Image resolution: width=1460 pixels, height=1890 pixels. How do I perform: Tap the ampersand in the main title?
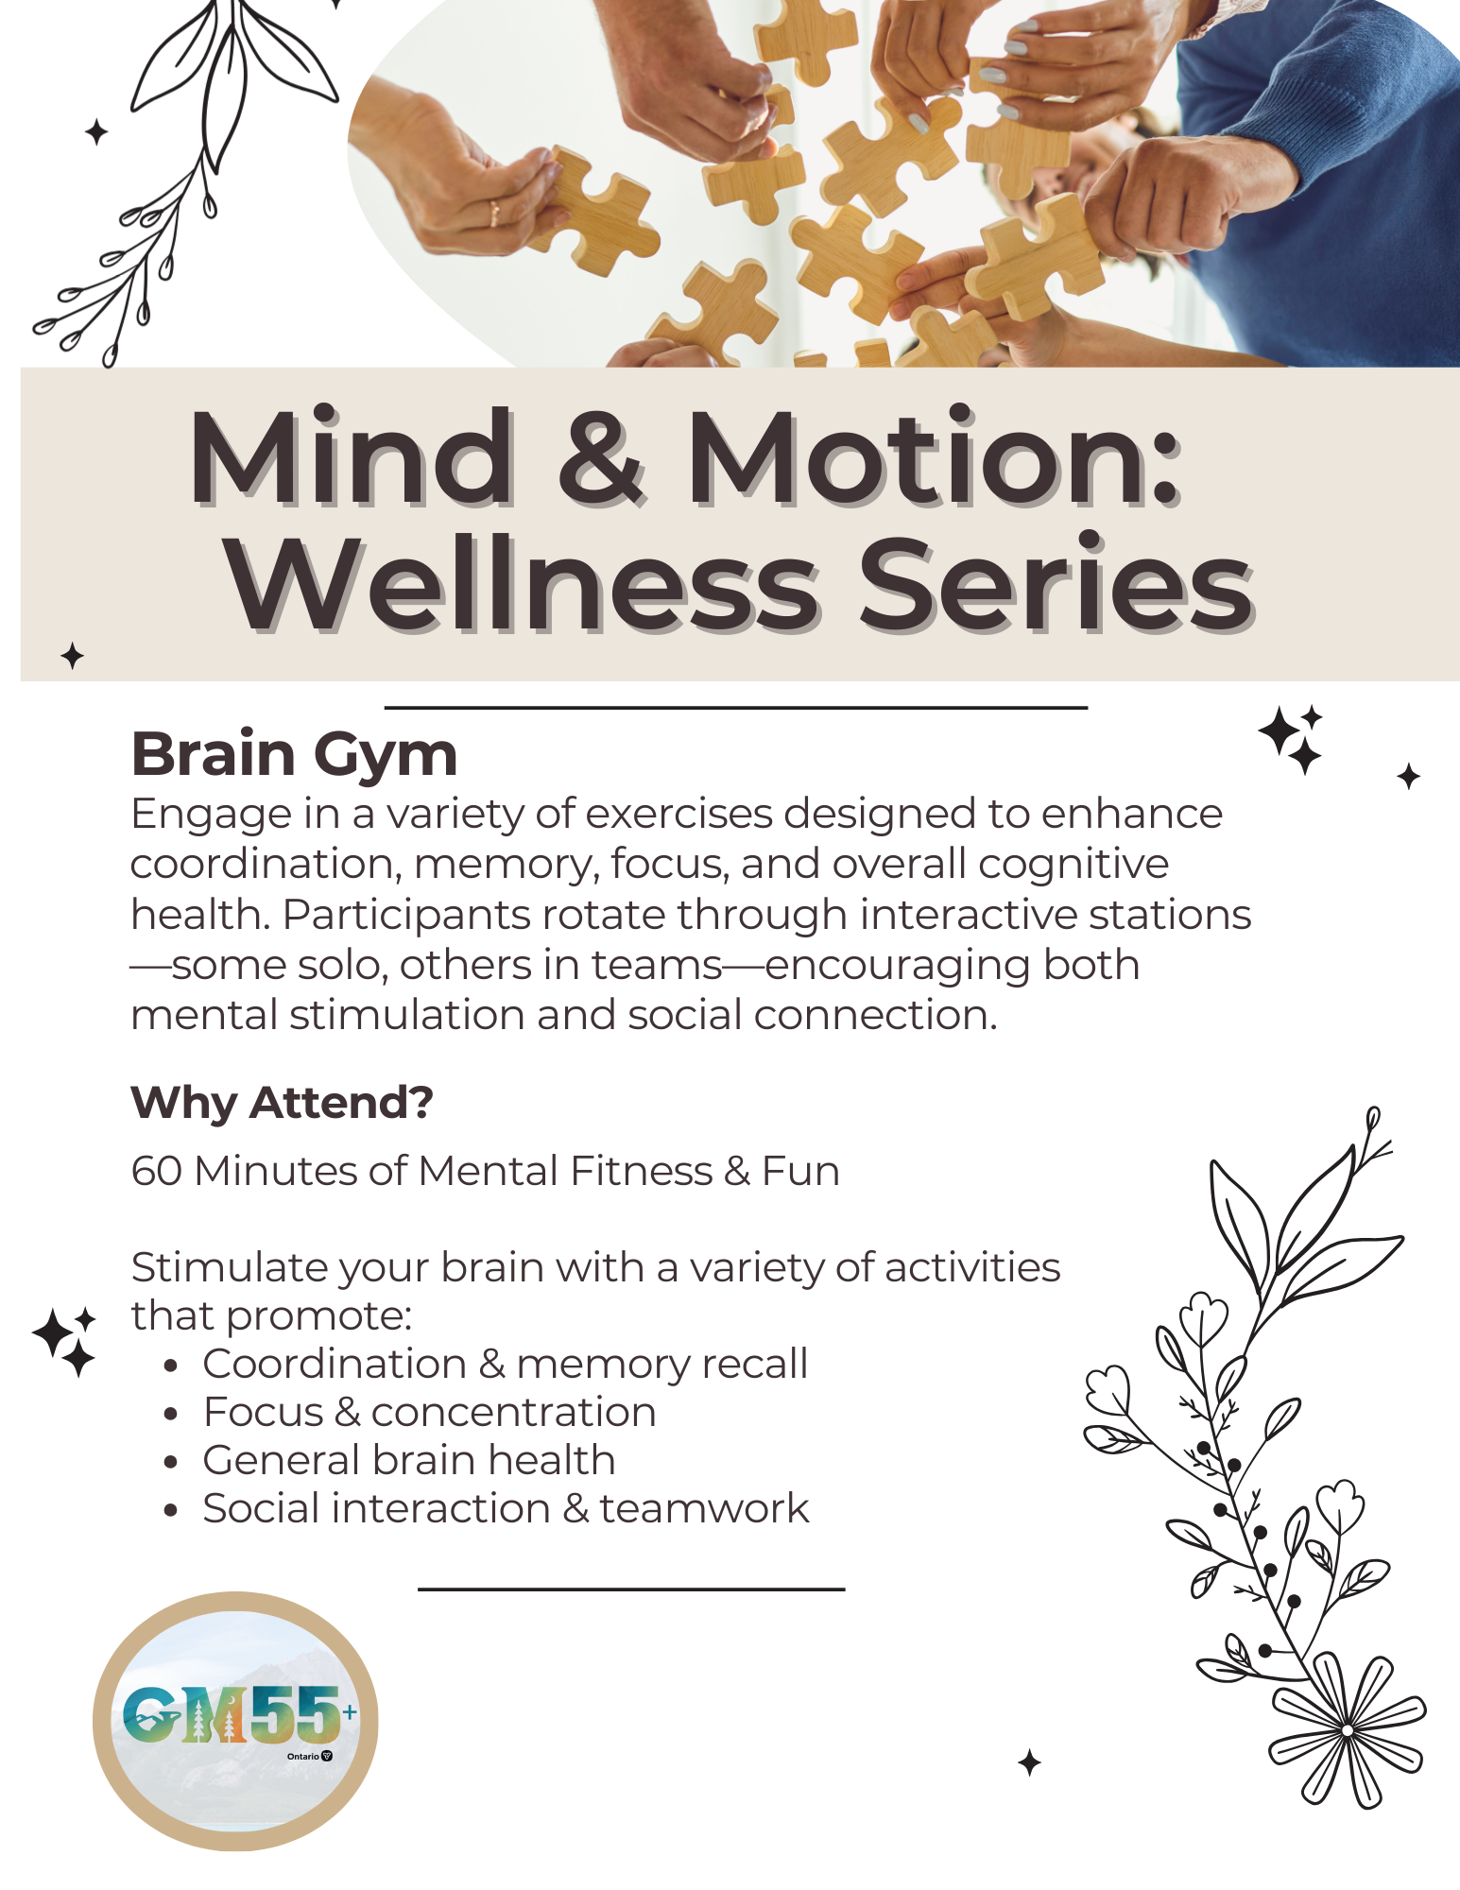pyautogui.click(x=602, y=459)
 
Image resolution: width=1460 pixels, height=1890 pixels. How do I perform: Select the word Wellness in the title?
pyautogui.click(x=521, y=585)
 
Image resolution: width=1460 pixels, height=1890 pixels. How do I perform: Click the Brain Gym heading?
pyautogui.click(x=294, y=755)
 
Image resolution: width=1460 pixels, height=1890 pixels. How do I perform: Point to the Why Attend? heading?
pyautogui.click(x=282, y=1103)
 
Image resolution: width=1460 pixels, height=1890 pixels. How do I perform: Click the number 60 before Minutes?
pyautogui.click(x=156, y=1172)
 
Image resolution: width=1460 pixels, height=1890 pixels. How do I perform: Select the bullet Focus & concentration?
pyautogui.click(x=429, y=1413)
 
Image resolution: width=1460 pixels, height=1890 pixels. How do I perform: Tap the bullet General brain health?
pyautogui.click(x=408, y=1461)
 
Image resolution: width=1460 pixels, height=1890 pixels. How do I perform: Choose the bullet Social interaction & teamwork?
pyautogui.click(x=506, y=1509)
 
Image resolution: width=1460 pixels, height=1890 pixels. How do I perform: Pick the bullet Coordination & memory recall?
pyautogui.click(x=505, y=1365)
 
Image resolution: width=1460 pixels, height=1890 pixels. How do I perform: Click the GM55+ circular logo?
pyautogui.click(x=235, y=1721)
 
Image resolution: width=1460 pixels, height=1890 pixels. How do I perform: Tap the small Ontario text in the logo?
pyautogui.click(x=303, y=1756)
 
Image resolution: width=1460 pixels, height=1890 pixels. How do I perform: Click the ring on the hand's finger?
pyautogui.click(x=493, y=213)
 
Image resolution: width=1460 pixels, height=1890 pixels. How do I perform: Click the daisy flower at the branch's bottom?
pyautogui.click(x=1347, y=1729)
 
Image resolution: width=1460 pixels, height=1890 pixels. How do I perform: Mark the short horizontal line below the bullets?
pyautogui.click(x=630, y=1589)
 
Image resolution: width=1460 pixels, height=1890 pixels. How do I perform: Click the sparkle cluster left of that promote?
pyautogui.click(x=64, y=1340)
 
